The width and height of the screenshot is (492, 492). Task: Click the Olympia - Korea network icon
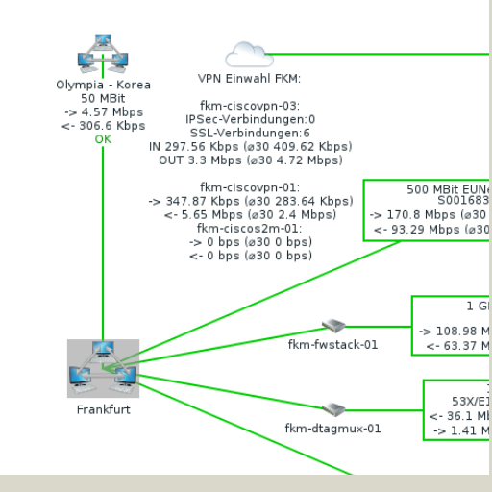click(x=103, y=54)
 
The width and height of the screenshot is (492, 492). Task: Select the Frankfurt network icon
click(x=103, y=367)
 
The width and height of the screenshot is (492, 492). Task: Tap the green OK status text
click(x=103, y=139)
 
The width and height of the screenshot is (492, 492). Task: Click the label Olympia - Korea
click(x=103, y=85)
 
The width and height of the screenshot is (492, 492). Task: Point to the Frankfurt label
click(x=103, y=409)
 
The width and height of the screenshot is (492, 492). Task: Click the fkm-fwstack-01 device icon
click(x=332, y=327)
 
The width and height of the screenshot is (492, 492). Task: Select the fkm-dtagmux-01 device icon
click(x=332, y=409)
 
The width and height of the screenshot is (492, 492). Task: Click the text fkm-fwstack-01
click(x=332, y=344)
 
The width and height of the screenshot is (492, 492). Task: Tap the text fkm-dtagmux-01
click(x=332, y=428)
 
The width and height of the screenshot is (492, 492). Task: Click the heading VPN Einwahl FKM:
click(x=249, y=79)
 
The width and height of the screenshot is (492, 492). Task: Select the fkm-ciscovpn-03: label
click(x=250, y=106)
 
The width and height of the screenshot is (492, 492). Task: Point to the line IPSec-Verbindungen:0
click(x=250, y=119)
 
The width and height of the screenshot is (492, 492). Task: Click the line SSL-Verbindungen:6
click(x=250, y=133)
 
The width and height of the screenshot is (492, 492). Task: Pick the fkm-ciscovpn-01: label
click(x=250, y=186)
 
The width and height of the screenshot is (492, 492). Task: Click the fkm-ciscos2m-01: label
click(x=250, y=229)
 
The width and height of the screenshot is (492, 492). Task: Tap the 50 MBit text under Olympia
click(x=103, y=98)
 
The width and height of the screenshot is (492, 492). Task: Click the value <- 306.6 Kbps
click(x=103, y=125)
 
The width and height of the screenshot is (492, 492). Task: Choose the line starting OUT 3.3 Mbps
click(x=250, y=160)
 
